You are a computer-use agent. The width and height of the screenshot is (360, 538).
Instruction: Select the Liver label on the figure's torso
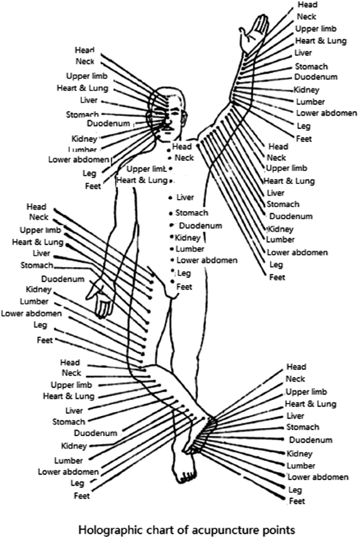(x=185, y=198)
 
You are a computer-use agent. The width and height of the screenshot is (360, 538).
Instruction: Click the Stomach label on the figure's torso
(x=192, y=213)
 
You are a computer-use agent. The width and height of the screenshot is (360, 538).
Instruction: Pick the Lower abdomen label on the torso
(x=207, y=260)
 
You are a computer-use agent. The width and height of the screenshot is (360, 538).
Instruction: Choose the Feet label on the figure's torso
(x=184, y=286)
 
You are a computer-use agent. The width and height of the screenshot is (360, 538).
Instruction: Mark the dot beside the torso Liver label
(x=171, y=198)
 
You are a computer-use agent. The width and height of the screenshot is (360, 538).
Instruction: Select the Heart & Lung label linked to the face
(x=75, y=88)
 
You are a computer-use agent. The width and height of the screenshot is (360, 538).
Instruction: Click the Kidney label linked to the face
(x=84, y=139)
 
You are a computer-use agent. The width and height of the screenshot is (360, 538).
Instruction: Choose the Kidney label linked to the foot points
(x=300, y=453)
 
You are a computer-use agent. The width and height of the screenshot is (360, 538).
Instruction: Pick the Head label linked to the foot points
(x=296, y=366)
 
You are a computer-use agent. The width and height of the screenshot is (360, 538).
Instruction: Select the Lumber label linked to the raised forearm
(x=310, y=102)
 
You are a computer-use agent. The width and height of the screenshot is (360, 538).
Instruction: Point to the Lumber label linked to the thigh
(x=34, y=302)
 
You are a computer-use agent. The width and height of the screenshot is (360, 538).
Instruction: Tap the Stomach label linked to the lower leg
(x=68, y=421)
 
